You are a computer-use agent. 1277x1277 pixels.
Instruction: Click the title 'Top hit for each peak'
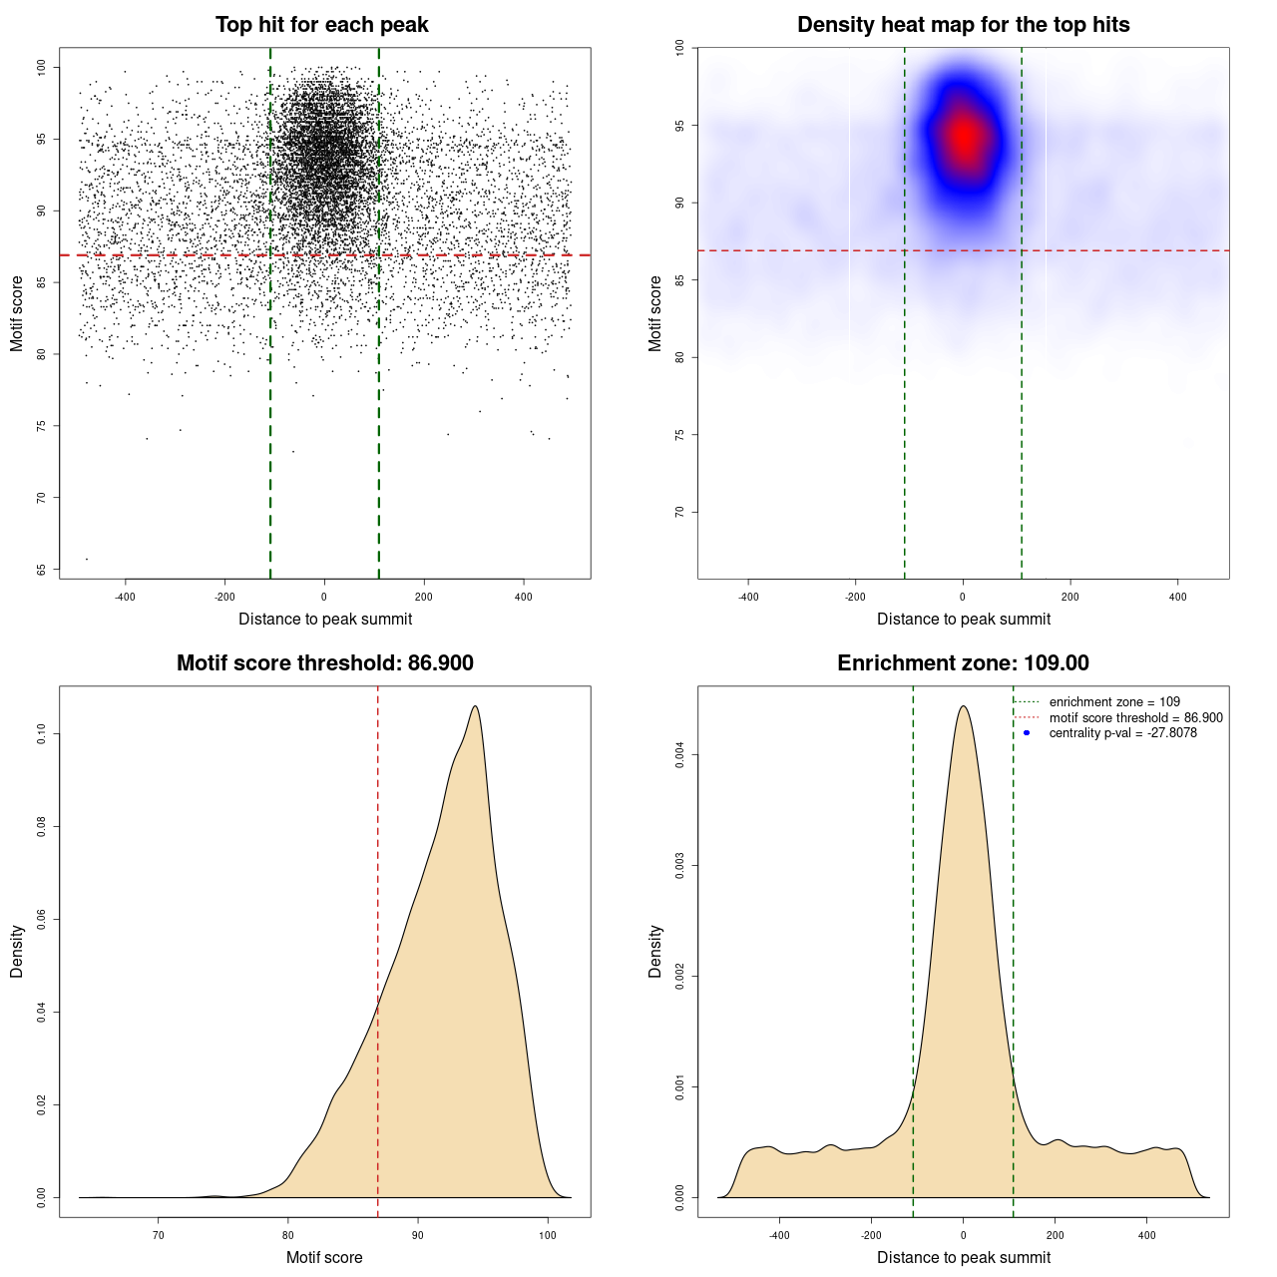point(321,25)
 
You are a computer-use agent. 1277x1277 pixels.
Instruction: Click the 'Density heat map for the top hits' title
point(963,25)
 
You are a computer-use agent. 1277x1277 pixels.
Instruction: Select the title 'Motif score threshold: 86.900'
point(324,663)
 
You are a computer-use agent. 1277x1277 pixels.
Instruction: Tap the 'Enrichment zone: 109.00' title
point(963,663)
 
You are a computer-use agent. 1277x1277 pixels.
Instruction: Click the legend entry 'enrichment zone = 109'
point(1114,702)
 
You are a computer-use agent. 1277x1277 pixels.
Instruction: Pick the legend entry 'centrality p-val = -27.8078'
point(1122,733)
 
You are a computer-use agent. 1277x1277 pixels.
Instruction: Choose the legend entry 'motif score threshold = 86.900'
point(1135,718)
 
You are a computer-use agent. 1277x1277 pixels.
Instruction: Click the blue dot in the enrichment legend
point(1027,733)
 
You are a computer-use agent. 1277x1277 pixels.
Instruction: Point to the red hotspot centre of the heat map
point(964,138)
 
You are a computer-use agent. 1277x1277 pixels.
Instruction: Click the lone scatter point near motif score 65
point(87,559)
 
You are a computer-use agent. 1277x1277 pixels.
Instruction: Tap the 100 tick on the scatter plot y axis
point(42,67)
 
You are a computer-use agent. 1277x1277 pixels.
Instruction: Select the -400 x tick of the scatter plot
point(125,598)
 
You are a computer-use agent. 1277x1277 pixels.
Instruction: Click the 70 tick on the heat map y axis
point(680,512)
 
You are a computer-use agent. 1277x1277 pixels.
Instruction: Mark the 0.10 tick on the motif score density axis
point(42,734)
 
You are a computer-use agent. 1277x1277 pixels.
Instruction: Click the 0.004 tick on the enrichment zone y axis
point(680,755)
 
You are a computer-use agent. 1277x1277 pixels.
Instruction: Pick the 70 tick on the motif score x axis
point(159,1236)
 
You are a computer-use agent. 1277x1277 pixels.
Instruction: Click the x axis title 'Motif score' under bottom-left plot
point(324,1258)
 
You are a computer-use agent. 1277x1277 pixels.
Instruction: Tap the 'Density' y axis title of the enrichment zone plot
point(655,951)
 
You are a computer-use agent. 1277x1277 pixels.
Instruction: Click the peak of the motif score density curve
point(475,706)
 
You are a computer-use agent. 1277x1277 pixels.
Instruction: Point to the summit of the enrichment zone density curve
point(963,706)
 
